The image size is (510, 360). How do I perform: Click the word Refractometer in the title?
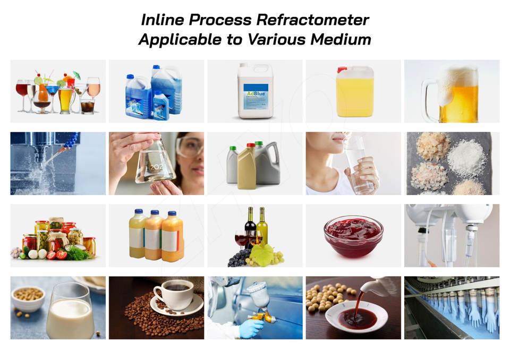312,20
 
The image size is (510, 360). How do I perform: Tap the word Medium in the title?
341,40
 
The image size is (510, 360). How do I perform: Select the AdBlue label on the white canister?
256,93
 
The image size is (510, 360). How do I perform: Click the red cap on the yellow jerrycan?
342,69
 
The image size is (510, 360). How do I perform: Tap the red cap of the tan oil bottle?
250,145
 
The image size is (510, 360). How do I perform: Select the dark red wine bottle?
250,225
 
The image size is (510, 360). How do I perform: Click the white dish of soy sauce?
356,317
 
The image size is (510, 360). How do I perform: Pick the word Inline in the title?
163,20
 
